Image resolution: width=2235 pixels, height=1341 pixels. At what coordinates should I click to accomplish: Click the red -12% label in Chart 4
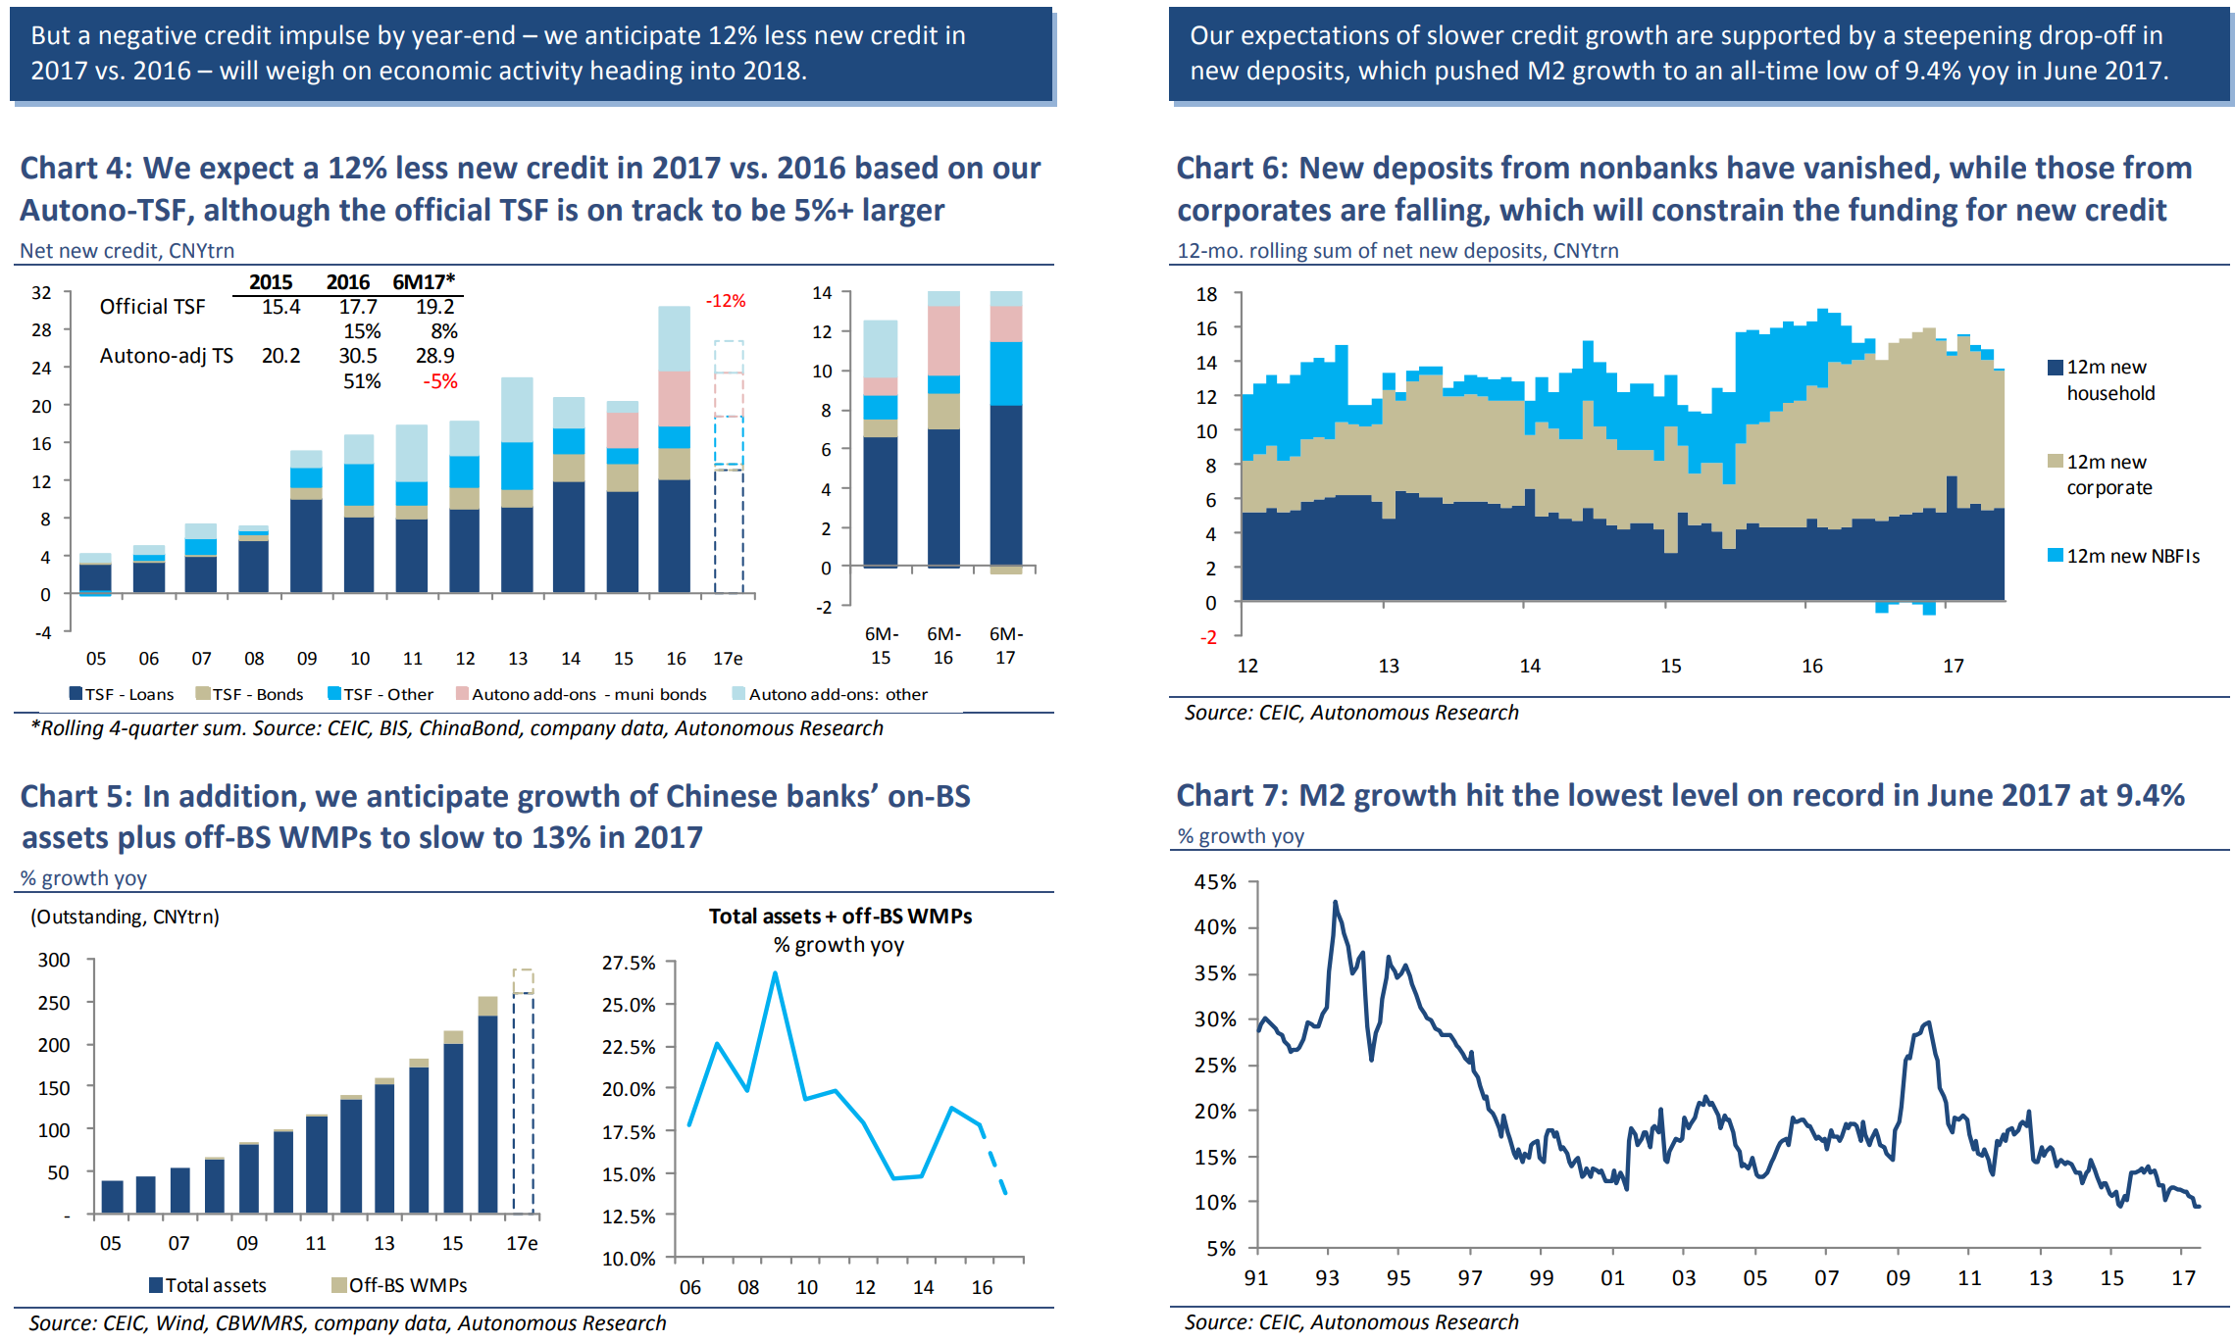tap(726, 301)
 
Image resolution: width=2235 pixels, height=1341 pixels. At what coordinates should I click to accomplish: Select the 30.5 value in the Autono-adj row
tap(358, 356)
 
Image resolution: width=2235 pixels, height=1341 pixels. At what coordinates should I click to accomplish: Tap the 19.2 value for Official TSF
tap(434, 307)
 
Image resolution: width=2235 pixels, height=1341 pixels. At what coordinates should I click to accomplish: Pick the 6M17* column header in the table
tap(424, 282)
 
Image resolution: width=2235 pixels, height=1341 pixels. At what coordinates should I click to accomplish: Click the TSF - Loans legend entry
tap(122, 694)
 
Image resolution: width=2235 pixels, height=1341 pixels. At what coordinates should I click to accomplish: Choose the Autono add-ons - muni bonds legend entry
tap(581, 694)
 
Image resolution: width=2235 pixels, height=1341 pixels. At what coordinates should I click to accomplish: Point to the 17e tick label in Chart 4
tap(728, 659)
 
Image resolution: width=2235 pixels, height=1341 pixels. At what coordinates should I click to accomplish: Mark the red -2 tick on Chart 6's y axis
tap(1209, 637)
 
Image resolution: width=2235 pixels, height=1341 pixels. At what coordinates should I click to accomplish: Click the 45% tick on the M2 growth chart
tap(1215, 881)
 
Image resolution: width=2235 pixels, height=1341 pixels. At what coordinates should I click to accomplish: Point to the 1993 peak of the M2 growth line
tap(1335, 903)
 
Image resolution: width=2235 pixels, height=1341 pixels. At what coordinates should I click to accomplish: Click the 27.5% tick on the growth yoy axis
tap(629, 963)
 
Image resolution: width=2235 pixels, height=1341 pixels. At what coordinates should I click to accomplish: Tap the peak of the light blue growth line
tap(775, 973)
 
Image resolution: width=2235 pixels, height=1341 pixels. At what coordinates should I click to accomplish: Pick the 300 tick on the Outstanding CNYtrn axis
tap(54, 960)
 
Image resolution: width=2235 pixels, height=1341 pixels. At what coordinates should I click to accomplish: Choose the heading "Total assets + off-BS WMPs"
tap(840, 916)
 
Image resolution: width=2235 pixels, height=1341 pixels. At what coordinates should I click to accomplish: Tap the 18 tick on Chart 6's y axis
tap(1206, 294)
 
